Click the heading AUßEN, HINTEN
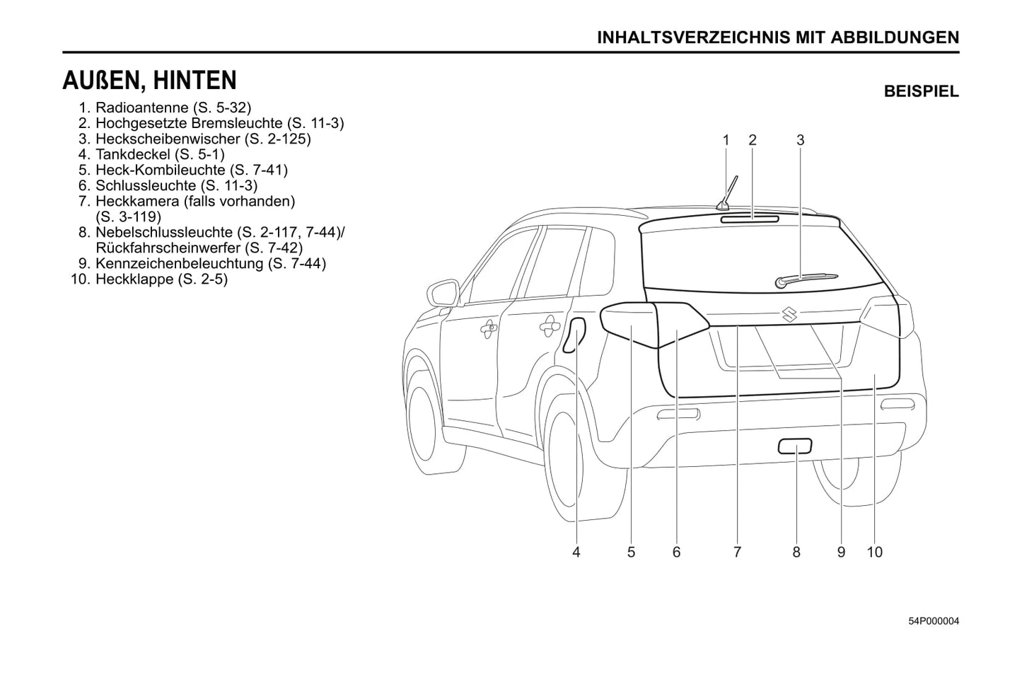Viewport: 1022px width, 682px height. (x=149, y=81)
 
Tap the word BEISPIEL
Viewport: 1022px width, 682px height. (x=921, y=91)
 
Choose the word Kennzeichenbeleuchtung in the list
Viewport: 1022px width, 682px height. (x=179, y=263)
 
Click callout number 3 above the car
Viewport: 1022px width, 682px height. (x=800, y=140)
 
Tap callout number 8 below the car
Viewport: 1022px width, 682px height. (x=796, y=552)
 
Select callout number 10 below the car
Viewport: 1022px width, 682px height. (x=874, y=552)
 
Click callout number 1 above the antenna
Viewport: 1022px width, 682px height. (x=726, y=140)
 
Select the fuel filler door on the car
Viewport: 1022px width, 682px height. (x=574, y=334)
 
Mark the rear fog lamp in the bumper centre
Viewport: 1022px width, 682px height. (x=795, y=446)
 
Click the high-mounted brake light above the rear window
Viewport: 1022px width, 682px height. (x=750, y=219)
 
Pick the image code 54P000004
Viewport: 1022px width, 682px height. (x=933, y=621)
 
